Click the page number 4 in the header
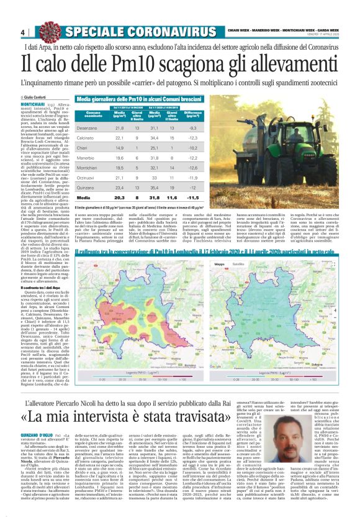click(23, 32)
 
